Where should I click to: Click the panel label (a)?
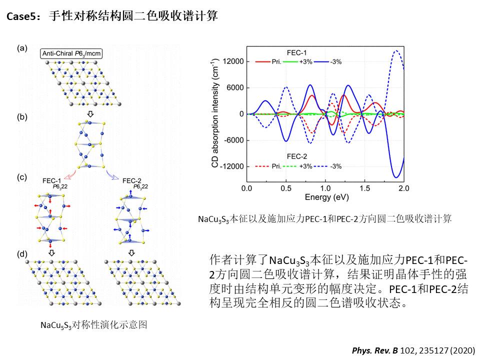[21, 48]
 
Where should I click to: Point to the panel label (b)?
[21, 117]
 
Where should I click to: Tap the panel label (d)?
[21, 253]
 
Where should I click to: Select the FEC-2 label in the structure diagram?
[132, 180]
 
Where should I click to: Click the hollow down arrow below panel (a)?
[90, 114]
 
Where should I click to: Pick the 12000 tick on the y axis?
[233, 61]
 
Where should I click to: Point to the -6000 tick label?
[233, 140]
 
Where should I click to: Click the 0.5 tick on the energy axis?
[286, 189]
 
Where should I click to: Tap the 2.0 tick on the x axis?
[403, 189]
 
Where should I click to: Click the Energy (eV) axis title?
[325, 197]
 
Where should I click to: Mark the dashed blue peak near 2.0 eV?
[396, 50]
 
